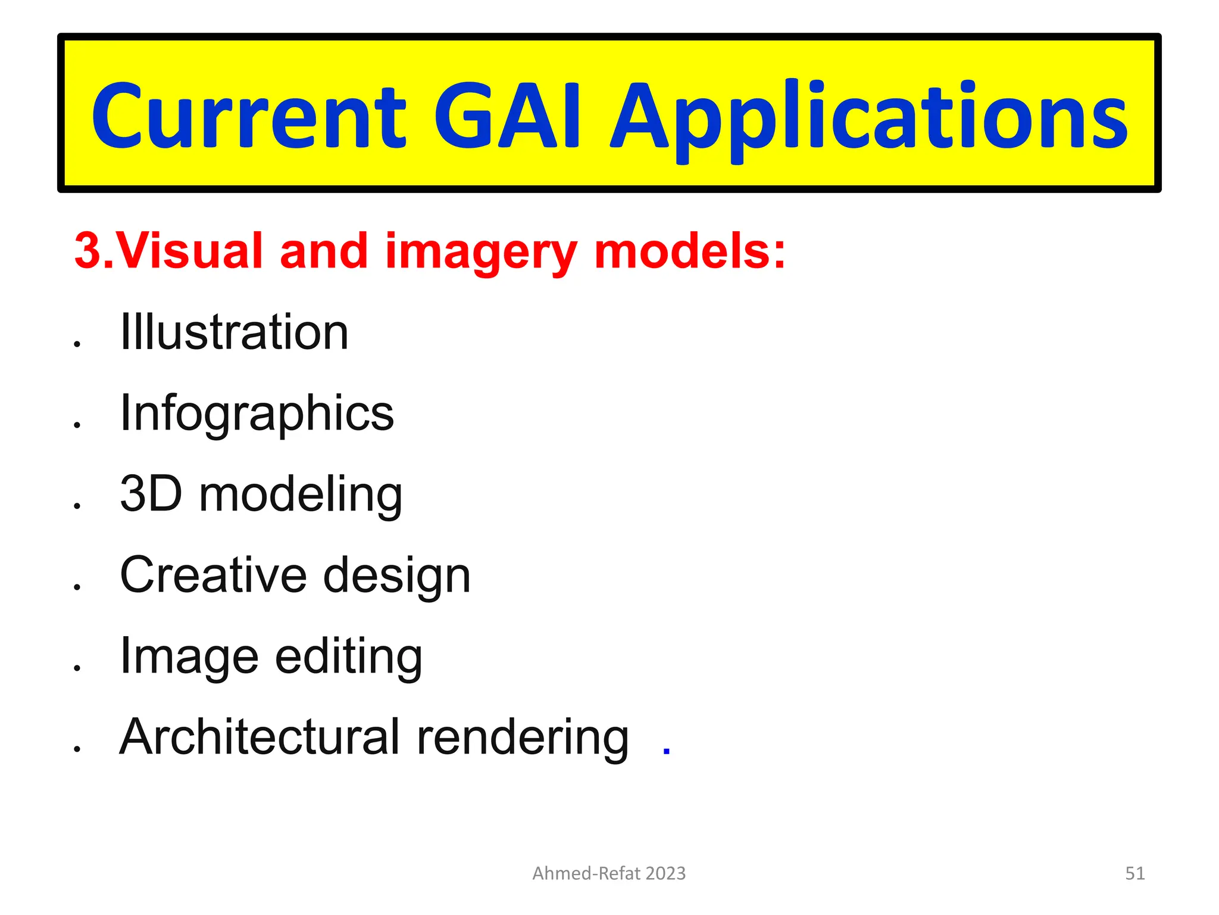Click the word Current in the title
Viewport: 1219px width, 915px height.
[x=249, y=116]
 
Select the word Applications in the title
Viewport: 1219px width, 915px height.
[x=869, y=119]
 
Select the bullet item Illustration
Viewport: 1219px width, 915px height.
[x=234, y=332]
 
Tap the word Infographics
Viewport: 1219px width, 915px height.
[x=257, y=414]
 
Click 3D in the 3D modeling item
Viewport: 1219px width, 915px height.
[x=151, y=494]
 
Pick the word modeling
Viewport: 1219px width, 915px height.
[x=301, y=496]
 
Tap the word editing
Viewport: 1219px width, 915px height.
[x=348, y=657]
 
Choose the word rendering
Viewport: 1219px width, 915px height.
[x=522, y=739]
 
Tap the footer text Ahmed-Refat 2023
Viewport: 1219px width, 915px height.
[x=609, y=873]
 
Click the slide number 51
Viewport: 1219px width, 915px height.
[x=1134, y=873]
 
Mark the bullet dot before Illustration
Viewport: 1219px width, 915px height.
[x=77, y=344]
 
